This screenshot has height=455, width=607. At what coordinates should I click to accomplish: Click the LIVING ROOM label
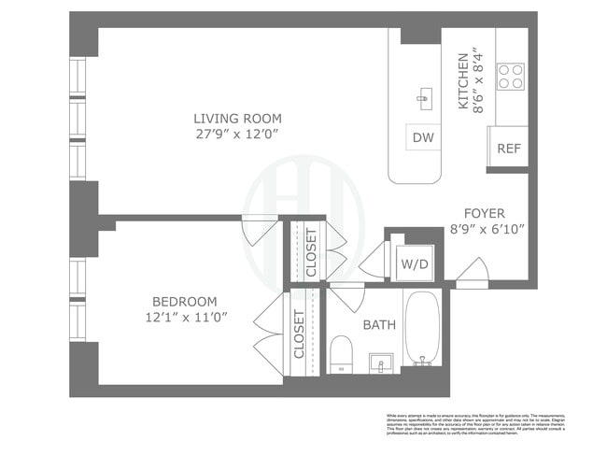237,119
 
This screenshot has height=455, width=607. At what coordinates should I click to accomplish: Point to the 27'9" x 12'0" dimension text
237,135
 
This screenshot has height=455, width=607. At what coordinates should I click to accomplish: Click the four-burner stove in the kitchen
510,77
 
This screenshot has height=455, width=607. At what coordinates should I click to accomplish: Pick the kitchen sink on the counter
423,97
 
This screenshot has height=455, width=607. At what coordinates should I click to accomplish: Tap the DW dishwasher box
423,137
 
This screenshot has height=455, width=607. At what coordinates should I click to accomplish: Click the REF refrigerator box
508,148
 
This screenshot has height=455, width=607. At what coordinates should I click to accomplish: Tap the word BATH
379,325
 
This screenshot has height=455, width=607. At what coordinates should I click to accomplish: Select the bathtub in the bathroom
422,328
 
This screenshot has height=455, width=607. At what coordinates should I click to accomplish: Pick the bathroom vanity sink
380,361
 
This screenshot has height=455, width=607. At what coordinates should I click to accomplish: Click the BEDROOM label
185,302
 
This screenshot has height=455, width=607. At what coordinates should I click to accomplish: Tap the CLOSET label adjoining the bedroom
300,334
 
